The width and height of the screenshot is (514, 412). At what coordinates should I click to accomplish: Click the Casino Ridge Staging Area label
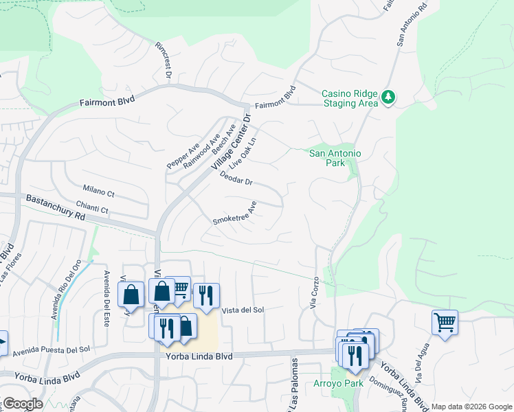(350, 98)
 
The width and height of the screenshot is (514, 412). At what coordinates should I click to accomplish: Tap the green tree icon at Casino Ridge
(389, 98)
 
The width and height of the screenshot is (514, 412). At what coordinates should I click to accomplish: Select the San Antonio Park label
(335, 159)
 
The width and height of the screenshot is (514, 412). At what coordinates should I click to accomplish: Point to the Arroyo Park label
(337, 383)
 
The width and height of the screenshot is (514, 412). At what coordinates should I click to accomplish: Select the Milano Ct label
(98, 190)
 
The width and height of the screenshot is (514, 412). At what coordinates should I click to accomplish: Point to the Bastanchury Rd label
(55, 207)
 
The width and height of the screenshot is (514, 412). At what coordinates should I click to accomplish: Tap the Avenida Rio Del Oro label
(67, 289)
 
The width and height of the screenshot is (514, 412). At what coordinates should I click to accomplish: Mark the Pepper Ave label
(183, 156)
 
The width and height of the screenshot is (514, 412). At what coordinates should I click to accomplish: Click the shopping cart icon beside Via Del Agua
(445, 321)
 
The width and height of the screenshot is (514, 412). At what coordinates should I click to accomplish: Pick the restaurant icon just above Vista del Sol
(205, 295)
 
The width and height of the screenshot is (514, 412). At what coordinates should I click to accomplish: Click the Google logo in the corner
(22, 404)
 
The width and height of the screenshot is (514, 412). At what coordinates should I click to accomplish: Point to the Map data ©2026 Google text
(471, 407)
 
